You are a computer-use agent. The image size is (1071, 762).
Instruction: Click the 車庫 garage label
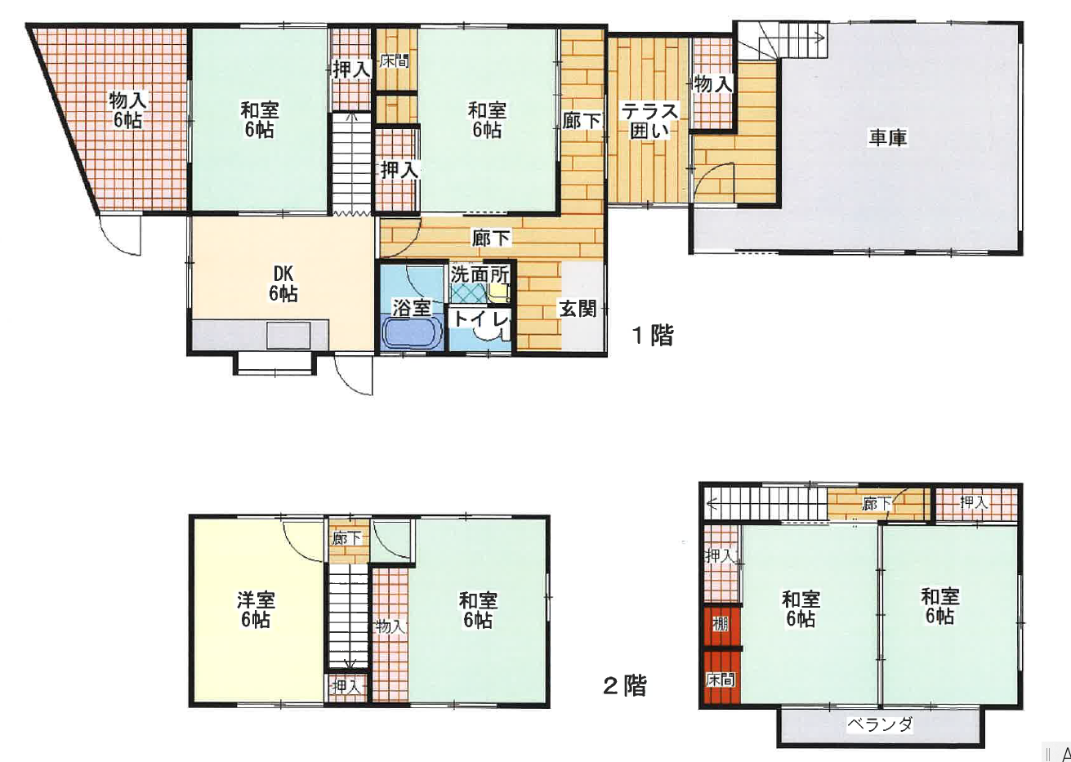[x=888, y=138]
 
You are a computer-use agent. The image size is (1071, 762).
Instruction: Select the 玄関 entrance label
[x=578, y=310]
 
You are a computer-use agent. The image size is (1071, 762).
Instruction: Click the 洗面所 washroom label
[x=480, y=275]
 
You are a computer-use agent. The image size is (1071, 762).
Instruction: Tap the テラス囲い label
[x=649, y=121]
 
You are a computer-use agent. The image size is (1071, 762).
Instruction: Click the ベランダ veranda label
[x=880, y=724]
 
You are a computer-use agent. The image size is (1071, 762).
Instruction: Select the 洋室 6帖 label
[x=256, y=609]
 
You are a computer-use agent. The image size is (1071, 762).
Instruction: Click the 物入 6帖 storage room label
[x=127, y=110]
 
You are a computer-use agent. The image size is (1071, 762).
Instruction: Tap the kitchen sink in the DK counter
[x=288, y=335]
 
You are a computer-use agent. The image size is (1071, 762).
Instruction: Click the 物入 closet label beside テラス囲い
[x=713, y=85]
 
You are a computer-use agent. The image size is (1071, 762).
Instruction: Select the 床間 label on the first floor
[x=395, y=60]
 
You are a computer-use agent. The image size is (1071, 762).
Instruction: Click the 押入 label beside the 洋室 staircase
[x=346, y=688]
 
